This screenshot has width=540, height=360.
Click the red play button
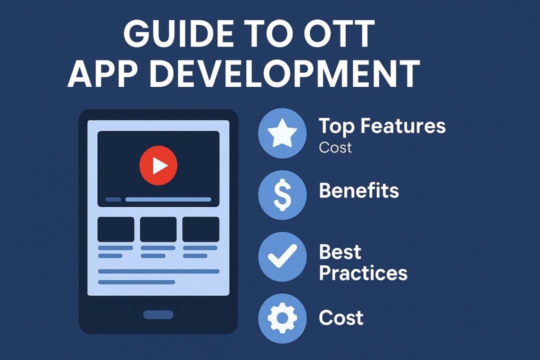pyautogui.click(x=158, y=165)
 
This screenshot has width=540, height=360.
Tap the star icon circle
pyautogui.click(x=282, y=133)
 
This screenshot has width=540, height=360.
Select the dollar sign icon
pyautogui.click(x=282, y=195)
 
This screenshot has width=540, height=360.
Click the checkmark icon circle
pyautogui.click(x=282, y=256)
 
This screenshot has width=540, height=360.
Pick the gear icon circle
pyautogui.click(x=282, y=318)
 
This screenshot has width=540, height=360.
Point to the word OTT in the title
pyautogui.click(x=334, y=34)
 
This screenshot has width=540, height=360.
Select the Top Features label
pyautogui.click(x=382, y=126)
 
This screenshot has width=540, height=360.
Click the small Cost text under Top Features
pyautogui.click(x=335, y=147)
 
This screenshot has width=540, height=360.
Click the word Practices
pyautogui.click(x=363, y=273)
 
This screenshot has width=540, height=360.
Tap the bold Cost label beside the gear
pyautogui.click(x=341, y=317)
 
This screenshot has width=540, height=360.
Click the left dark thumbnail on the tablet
pyautogui.click(x=116, y=229)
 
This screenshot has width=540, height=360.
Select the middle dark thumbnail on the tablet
pyautogui.click(x=158, y=229)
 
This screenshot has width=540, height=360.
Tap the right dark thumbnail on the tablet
pyautogui.click(x=201, y=229)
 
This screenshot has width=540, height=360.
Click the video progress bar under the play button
pyautogui.click(x=168, y=199)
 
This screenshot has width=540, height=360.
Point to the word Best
pyautogui.click(x=340, y=252)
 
